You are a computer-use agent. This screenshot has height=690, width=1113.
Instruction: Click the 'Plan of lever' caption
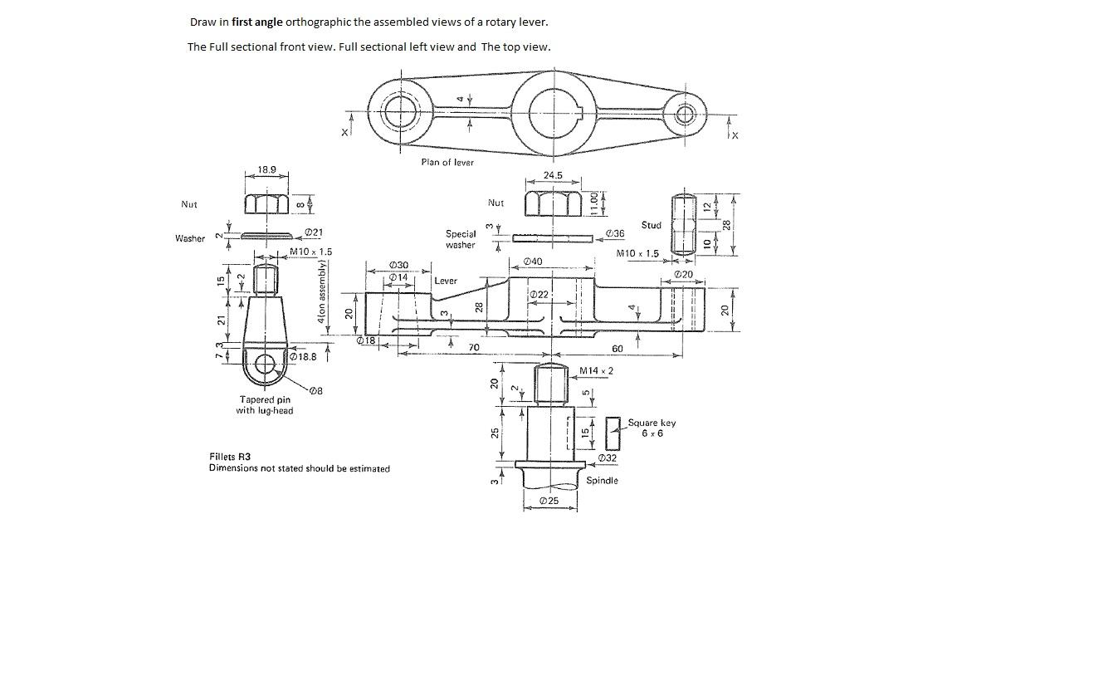[x=447, y=162]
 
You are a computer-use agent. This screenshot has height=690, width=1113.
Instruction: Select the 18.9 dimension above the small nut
[x=266, y=169]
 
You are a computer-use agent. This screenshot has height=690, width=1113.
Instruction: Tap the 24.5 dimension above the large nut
[x=553, y=175]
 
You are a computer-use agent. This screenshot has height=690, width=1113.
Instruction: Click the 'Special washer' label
[x=461, y=239]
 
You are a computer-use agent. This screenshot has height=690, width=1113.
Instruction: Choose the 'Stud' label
[x=652, y=225]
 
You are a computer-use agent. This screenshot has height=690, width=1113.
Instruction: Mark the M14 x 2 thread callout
[x=596, y=370]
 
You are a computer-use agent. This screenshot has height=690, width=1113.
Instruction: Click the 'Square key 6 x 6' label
[x=652, y=428]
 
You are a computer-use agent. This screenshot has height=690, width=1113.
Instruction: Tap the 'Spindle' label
[x=602, y=480]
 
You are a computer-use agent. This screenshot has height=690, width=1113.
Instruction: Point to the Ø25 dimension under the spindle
[x=549, y=501]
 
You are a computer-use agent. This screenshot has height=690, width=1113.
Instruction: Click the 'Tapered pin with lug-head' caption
[x=265, y=404]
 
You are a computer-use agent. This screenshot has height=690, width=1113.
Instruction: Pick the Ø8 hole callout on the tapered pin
[x=315, y=390]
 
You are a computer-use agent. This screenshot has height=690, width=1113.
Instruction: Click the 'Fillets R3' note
[x=230, y=457]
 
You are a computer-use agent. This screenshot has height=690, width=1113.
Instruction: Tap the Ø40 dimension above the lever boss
[x=532, y=262]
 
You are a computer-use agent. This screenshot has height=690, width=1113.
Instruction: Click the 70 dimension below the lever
[x=474, y=347]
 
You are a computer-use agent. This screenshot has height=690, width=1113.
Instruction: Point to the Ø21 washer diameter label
[x=314, y=232]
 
